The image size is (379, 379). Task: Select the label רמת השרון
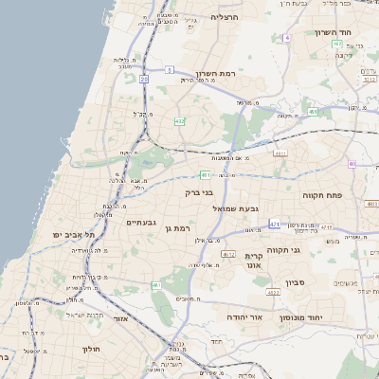[x=214, y=73]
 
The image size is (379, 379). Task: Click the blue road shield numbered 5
[x=169, y=69]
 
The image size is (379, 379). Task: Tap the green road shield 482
[x=179, y=121]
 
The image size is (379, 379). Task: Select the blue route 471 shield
[x=274, y=224]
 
